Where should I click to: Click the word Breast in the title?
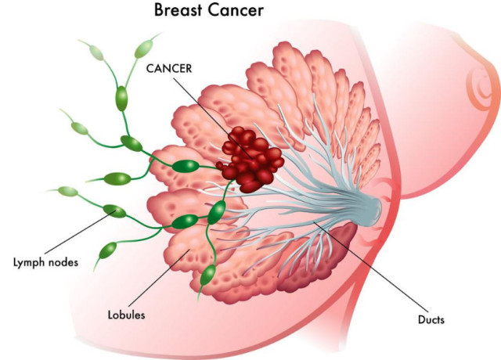click(179, 9)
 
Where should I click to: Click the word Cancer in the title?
click(236, 9)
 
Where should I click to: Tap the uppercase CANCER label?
click(169, 68)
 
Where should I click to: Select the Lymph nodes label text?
click(45, 263)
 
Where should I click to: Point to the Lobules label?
click(127, 315)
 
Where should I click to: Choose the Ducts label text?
click(431, 319)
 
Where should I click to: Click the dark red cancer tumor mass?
click(251, 159)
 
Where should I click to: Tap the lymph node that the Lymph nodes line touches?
click(114, 211)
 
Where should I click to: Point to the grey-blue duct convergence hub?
click(370, 207)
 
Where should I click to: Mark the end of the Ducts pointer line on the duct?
click(314, 221)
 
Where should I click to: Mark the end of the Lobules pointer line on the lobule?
click(189, 250)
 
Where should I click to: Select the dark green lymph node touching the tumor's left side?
click(186, 166)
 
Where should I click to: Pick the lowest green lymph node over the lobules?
click(208, 275)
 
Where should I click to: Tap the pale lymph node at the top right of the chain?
click(144, 49)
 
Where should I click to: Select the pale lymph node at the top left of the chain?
click(96, 52)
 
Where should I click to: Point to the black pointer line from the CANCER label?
click(213, 117)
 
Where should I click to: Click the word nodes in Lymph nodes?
click(63, 263)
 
